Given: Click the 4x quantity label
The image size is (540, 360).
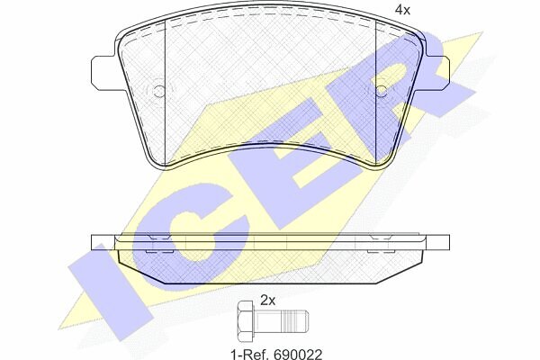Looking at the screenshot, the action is pos(402,10).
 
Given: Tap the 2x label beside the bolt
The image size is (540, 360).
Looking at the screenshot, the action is pos(267,301).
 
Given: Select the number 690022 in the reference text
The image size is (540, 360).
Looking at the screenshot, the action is pos(298,354).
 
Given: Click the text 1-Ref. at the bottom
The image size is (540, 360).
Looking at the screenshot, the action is pos(250,354).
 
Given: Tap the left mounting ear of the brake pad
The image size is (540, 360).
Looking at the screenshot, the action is pos(103,71).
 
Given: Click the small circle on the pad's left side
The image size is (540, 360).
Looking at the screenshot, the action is pos(159,91).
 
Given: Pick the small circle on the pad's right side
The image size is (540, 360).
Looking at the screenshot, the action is pos(382,91).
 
